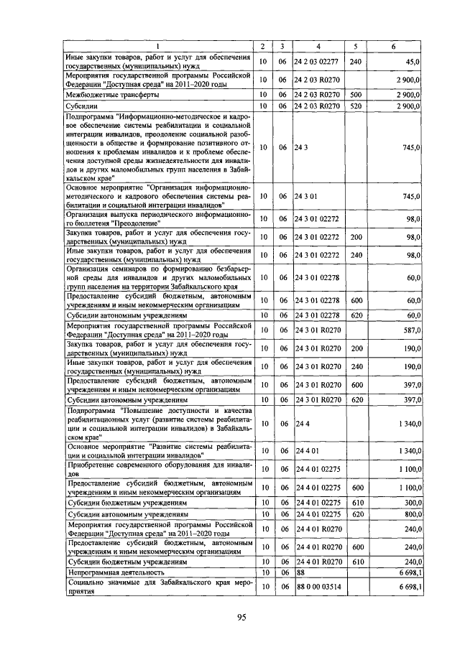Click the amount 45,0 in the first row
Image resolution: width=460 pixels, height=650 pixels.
(x=412, y=62)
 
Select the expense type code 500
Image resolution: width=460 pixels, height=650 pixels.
(x=355, y=94)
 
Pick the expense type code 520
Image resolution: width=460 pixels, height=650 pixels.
(x=355, y=106)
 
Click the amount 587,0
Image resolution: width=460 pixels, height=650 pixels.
(x=410, y=331)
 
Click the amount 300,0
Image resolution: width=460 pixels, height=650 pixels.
(x=410, y=503)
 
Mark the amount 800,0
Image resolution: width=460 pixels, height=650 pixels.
(x=410, y=514)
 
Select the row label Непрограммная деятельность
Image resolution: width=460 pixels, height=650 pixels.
(x=116, y=572)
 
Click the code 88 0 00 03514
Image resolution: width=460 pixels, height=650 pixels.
(x=316, y=587)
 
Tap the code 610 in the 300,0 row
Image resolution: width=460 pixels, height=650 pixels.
(x=355, y=503)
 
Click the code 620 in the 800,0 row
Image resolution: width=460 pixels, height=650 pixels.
(x=355, y=514)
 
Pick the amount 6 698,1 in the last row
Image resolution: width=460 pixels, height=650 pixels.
(x=408, y=587)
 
